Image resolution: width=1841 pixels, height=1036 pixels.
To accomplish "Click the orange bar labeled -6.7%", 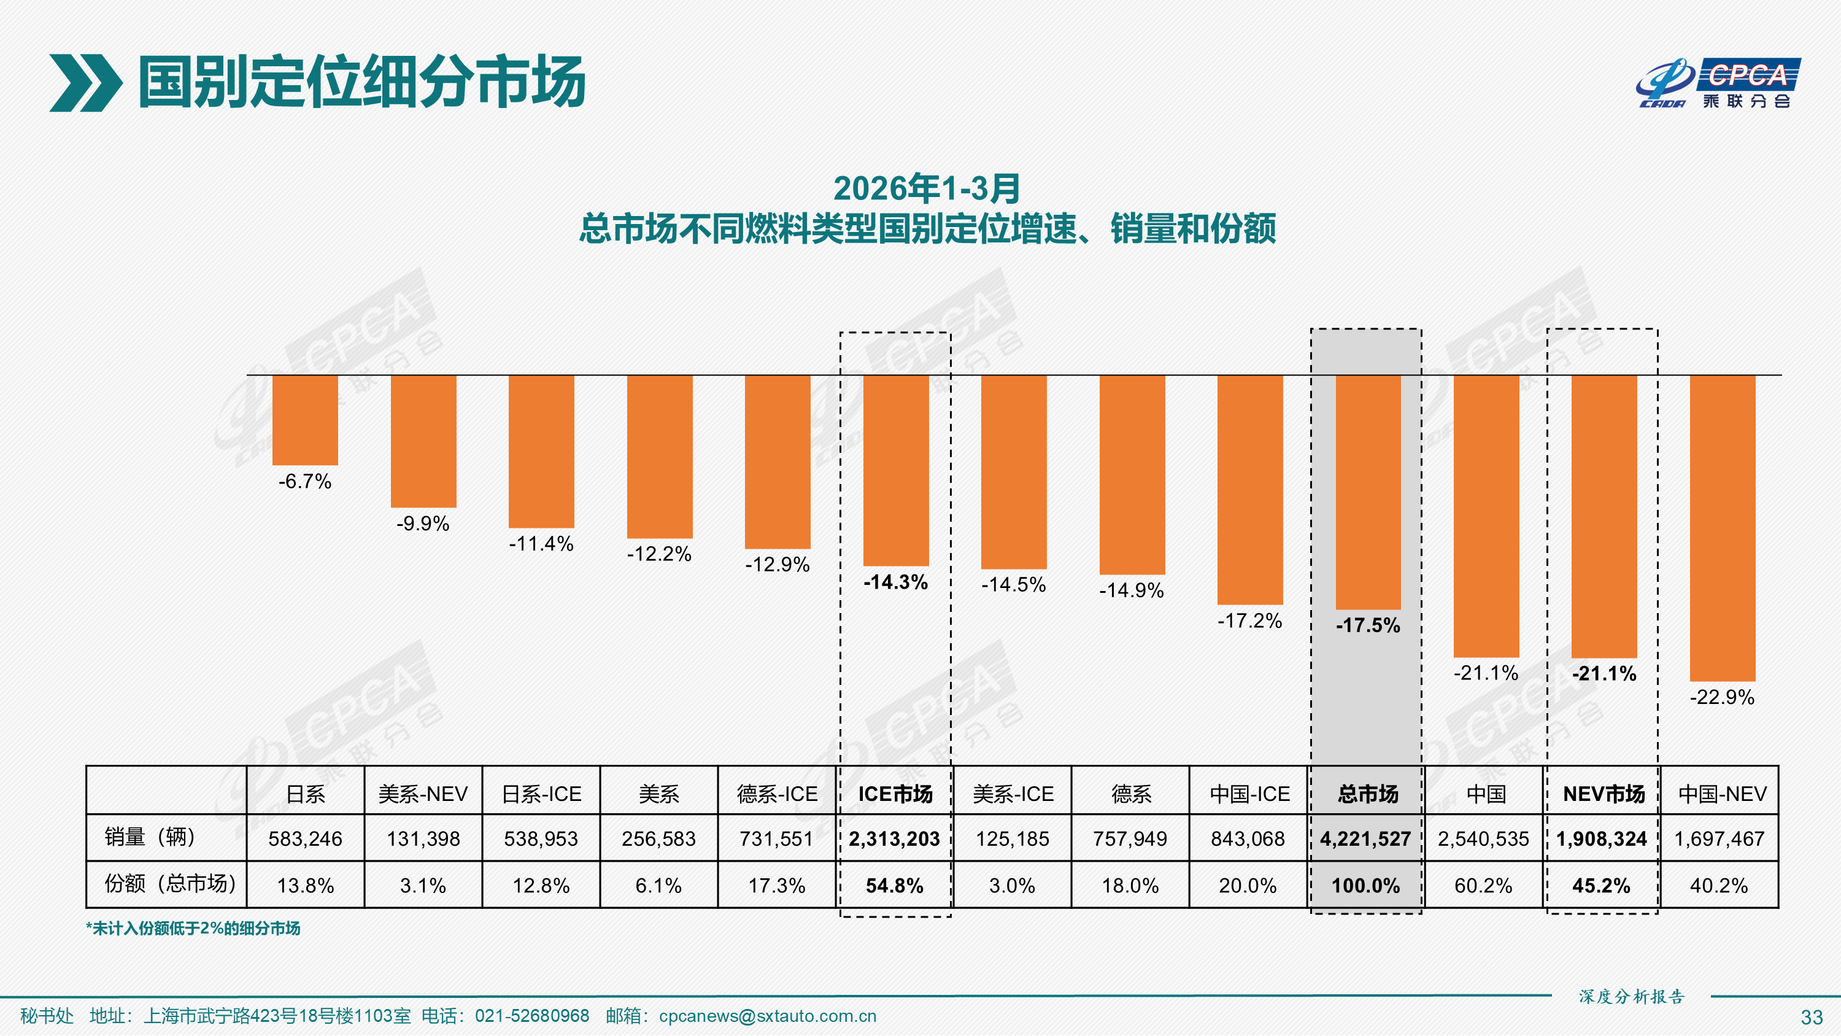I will click(x=305, y=420).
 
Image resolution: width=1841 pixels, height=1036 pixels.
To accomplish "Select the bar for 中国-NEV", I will click(x=1722, y=528).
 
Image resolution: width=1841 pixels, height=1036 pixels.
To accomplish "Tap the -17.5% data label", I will click(x=1368, y=625).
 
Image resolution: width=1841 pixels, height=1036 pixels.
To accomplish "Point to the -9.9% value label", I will click(x=423, y=524).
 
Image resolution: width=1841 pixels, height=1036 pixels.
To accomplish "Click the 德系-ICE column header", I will click(x=777, y=794).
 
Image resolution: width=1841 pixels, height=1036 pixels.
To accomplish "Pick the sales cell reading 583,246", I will click(x=305, y=838).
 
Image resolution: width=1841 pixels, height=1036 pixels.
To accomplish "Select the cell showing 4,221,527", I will click(x=1365, y=838).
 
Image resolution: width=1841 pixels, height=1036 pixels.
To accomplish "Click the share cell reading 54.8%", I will click(x=894, y=886).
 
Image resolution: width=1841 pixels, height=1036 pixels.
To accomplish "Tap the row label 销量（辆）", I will click(x=150, y=837).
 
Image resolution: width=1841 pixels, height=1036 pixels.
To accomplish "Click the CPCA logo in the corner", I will click(x=1719, y=83).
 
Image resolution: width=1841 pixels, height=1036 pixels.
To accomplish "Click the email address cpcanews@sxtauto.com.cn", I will click(x=768, y=1016).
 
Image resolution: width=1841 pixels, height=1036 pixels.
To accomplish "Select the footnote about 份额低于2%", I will click(x=193, y=928).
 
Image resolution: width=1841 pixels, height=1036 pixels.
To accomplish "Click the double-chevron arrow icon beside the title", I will click(x=85, y=83).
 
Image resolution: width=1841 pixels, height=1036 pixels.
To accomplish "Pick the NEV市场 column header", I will click(x=1604, y=794).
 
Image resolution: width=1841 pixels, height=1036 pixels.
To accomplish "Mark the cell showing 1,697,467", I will click(x=1719, y=838).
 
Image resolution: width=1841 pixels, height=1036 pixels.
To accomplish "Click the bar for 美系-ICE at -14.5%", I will click(x=1013, y=472).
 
